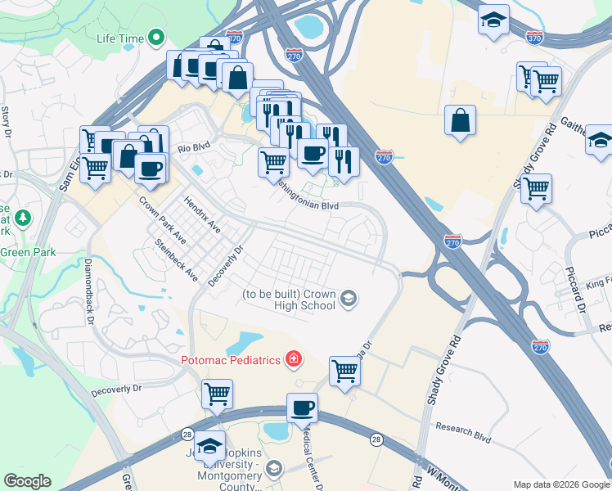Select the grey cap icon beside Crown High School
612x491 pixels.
pyautogui.click(x=349, y=298)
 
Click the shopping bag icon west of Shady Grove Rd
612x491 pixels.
pyautogui.click(x=461, y=121)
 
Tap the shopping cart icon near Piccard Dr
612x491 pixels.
pyautogui.click(x=536, y=188)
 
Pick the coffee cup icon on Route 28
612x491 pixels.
pyautogui.click(x=302, y=408)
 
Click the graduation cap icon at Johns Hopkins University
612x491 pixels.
pyautogui.click(x=210, y=445)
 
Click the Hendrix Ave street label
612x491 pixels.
pyautogui.click(x=201, y=213)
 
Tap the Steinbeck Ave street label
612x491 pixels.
pyautogui.click(x=177, y=259)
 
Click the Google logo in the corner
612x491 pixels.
pyautogui.click(x=26, y=481)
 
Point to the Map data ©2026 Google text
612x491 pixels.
pyautogui.click(x=560, y=484)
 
